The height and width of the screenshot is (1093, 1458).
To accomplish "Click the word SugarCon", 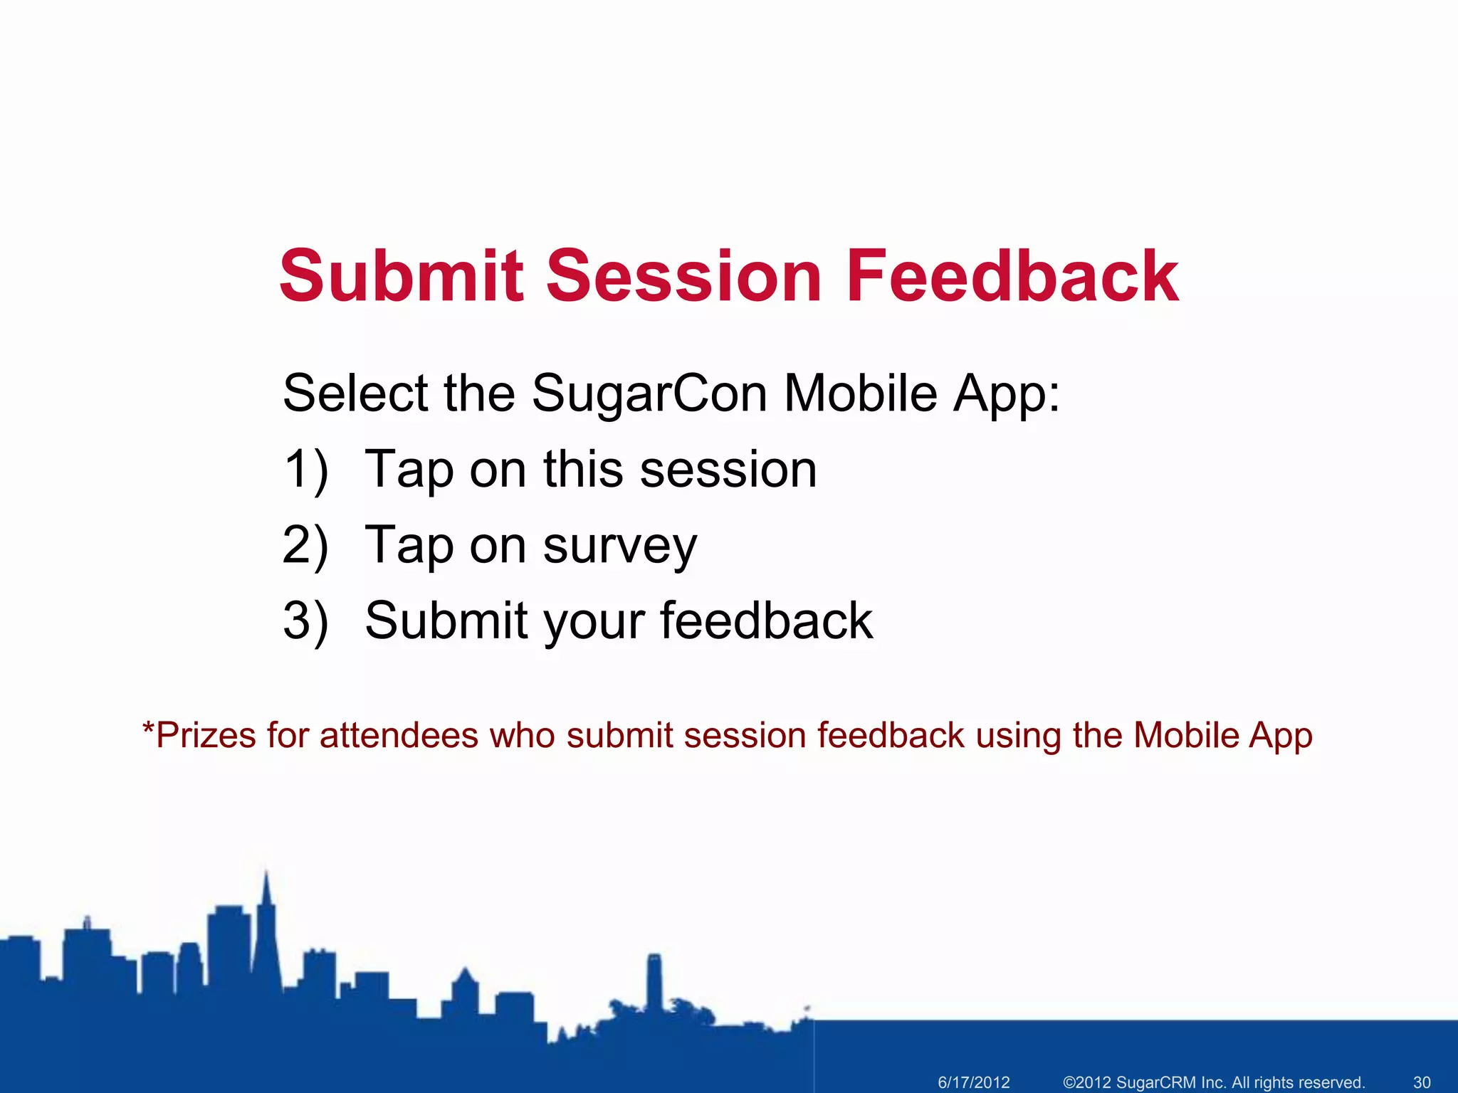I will coord(649,394).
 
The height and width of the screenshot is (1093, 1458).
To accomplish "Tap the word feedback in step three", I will coord(766,621).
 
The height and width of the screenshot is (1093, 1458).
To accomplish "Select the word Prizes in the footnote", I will coord(205,736).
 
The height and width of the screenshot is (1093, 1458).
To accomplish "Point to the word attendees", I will coord(399,736).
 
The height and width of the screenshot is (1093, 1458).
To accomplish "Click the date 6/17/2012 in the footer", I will coord(973,1082).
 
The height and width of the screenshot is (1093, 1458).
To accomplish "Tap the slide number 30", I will coord(1421,1082).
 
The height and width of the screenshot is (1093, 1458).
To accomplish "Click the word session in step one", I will coord(728,470).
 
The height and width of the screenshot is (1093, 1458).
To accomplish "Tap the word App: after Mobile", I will coord(1006,394).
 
